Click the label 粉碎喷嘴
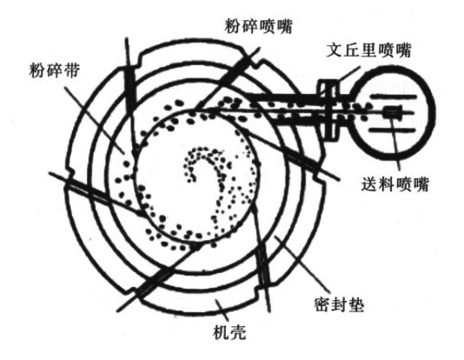(x=258, y=26)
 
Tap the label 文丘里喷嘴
(x=369, y=50)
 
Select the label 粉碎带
(x=55, y=70)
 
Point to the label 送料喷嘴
(x=394, y=184)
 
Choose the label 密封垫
(x=339, y=305)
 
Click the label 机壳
(x=229, y=332)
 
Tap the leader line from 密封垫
(x=302, y=263)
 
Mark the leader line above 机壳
(x=222, y=310)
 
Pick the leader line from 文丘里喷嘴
(x=349, y=74)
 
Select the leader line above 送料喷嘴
(x=395, y=141)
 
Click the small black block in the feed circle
(x=393, y=112)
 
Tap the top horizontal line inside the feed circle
(x=394, y=97)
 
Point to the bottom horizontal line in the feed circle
(x=394, y=130)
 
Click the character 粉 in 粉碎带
(x=37, y=70)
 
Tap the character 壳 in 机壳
(x=238, y=332)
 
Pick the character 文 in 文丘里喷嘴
(x=335, y=50)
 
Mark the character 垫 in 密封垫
(x=356, y=305)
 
